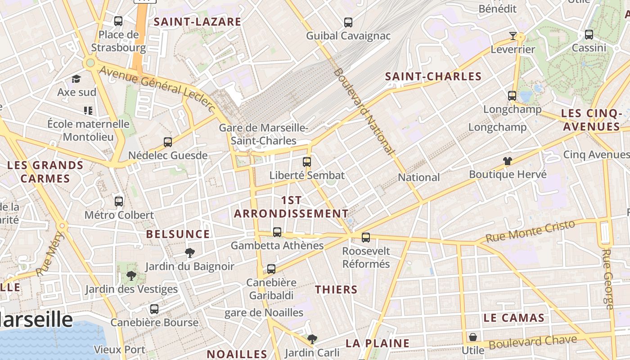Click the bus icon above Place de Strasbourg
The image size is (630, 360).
tap(118, 21)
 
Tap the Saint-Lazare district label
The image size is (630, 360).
tap(198, 22)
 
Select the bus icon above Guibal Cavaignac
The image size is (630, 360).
tap(348, 22)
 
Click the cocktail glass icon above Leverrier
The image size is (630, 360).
tap(513, 36)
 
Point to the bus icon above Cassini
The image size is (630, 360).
tap(589, 34)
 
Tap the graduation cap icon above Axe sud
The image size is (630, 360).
tap(76, 79)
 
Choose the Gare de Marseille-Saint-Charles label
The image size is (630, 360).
tap(264, 134)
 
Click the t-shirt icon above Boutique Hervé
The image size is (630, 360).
tap(508, 161)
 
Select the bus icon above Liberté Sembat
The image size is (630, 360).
tap(307, 162)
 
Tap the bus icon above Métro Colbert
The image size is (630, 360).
tap(119, 201)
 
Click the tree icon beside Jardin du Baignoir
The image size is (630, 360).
tap(190, 253)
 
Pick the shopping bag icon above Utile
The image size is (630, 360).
tap(473, 337)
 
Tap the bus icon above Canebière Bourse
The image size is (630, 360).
tap(154, 309)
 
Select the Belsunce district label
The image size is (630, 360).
tap(178, 234)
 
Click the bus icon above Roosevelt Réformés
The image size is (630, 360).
tap(366, 237)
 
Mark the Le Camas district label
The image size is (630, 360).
tap(514, 318)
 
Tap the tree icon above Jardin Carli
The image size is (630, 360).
tap(312, 339)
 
